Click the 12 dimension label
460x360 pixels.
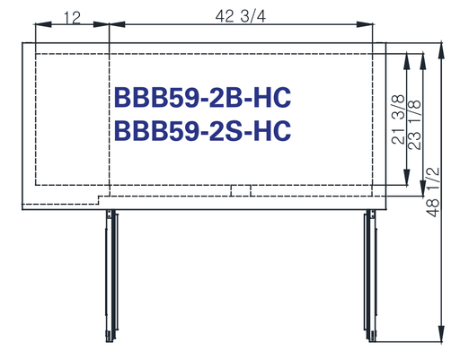click(73, 18)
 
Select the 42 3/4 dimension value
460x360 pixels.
click(241, 16)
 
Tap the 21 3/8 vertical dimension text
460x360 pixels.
click(399, 119)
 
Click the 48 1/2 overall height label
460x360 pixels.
click(433, 192)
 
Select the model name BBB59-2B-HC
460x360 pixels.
click(202, 98)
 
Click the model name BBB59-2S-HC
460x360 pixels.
click(202, 130)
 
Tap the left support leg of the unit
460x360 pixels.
click(111, 276)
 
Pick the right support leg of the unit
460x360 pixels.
click(370, 276)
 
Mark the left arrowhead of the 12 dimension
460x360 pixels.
click(43, 24)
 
